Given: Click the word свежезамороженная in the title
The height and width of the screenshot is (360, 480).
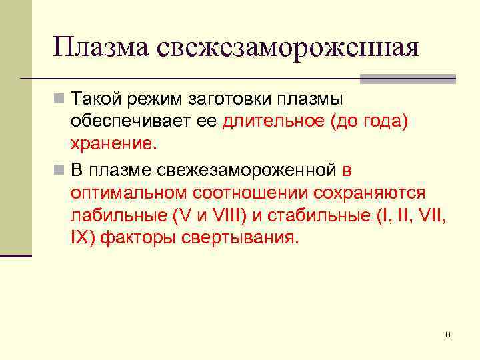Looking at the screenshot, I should (x=289, y=48).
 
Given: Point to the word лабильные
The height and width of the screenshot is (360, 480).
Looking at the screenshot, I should (x=117, y=215).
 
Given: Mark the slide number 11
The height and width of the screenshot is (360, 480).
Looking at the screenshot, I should (x=447, y=334).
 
